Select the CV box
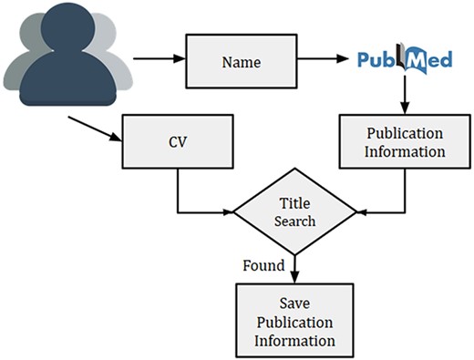coord(177,143)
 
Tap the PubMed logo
coord(404,62)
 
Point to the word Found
coord(263,265)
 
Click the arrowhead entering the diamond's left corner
coord(228,213)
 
